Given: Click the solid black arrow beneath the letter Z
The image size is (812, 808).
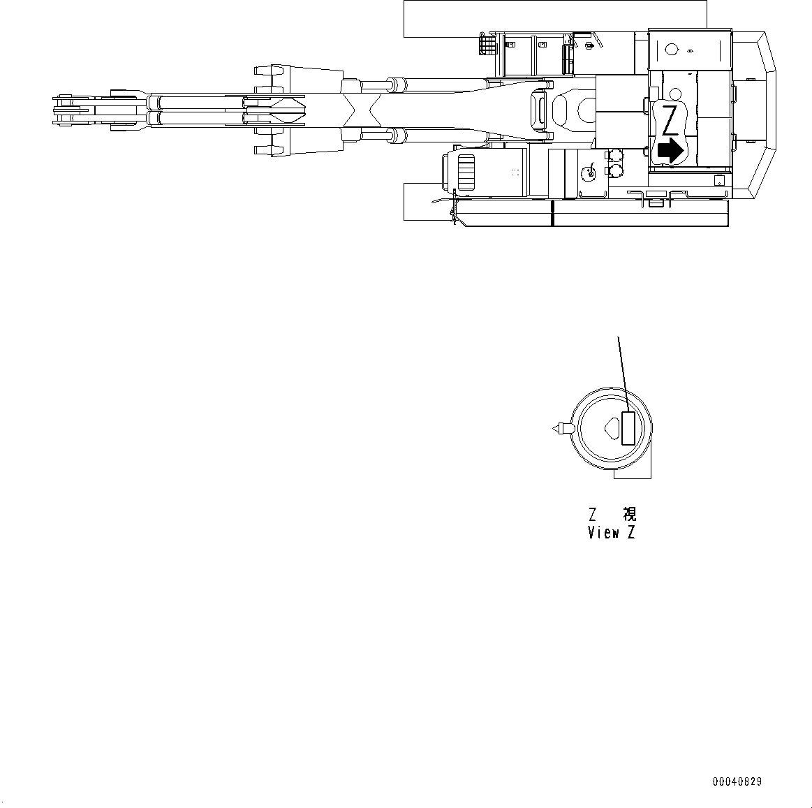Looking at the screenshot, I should click(x=670, y=150).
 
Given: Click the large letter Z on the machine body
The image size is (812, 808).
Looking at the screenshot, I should click(x=670, y=121).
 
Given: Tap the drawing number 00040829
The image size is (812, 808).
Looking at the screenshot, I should click(x=737, y=781).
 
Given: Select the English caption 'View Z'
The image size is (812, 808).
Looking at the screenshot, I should click(x=611, y=533).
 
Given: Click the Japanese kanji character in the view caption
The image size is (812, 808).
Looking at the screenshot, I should click(x=629, y=515).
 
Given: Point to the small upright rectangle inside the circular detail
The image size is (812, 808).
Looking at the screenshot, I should click(x=628, y=428).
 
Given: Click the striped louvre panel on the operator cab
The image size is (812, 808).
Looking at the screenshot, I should click(x=465, y=172).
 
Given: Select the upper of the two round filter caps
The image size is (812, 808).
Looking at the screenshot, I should click(x=614, y=155).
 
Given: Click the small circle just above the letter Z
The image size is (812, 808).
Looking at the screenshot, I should click(x=674, y=94).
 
